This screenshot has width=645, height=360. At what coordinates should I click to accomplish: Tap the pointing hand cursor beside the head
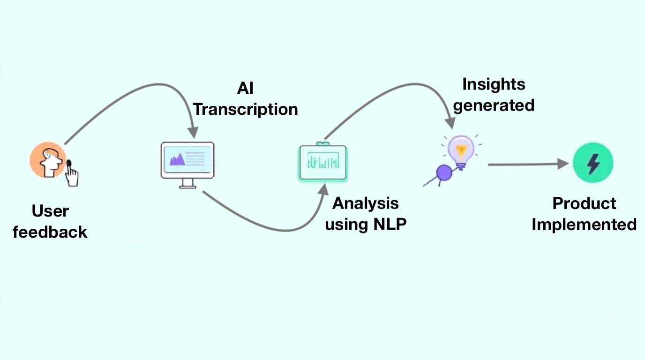72,174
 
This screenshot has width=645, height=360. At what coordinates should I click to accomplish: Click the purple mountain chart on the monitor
178,159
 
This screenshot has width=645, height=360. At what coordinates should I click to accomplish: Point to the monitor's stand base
187,187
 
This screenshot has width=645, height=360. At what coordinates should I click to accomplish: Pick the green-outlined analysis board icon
322,162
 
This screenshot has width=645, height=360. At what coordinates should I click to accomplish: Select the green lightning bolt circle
593,164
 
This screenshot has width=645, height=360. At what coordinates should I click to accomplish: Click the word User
50,211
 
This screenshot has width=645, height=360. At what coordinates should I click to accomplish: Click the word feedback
50,232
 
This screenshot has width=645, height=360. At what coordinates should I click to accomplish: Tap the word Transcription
246,109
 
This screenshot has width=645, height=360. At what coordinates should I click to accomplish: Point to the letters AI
245,89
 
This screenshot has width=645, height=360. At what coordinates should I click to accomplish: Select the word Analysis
366,203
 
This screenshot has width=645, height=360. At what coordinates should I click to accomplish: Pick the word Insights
494,84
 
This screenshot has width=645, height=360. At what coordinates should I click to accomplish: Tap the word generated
494,105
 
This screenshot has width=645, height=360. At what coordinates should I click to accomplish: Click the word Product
584,203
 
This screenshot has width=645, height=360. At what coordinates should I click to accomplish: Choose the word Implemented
584,224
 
